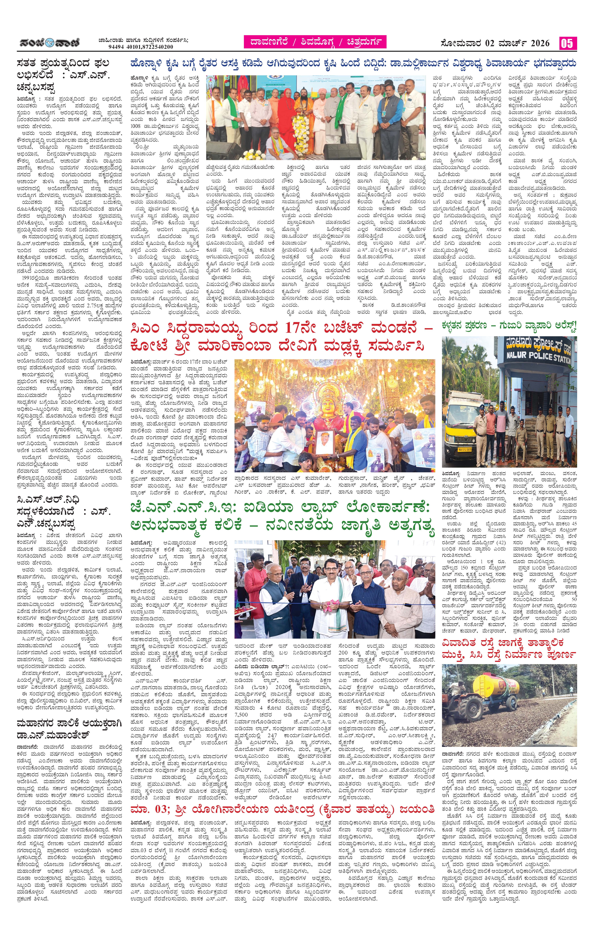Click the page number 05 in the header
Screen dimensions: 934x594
click(567, 43)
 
